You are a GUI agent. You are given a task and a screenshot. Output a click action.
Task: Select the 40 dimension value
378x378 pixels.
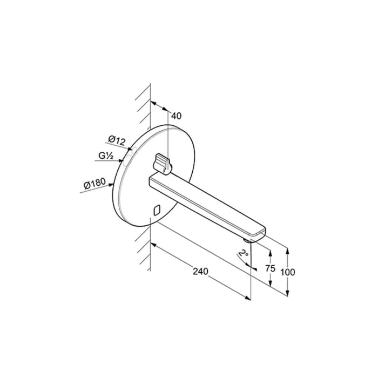coord(177,115)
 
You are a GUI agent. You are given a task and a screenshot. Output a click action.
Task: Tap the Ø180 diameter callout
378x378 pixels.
coord(94,185)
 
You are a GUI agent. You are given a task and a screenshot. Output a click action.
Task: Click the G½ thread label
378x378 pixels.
coord(106,157)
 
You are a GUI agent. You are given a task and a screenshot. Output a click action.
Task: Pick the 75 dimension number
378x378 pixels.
coord(271,268)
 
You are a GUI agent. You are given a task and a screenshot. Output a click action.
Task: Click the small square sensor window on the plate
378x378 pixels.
coord(158,210)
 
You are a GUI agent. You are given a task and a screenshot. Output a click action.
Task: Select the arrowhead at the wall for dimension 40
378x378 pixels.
coord(153,104)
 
